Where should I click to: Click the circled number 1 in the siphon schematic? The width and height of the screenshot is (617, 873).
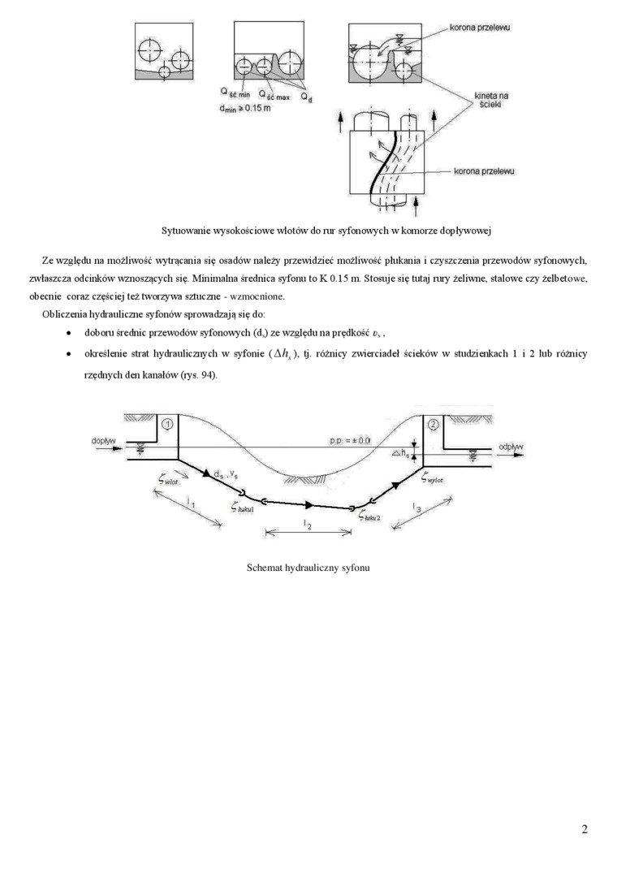pyautogui.click(x=166, y=424)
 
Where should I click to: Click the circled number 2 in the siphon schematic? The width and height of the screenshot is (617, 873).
pyautogui.click(x=433, y=424)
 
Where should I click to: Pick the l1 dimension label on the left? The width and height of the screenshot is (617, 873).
pyautogui.click(x=190, y=505)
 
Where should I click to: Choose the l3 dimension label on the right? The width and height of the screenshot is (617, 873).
pyautogui.click(x=416, y=508)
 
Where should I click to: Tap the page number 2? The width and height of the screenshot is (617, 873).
pyautogui.click(x=585, y=829)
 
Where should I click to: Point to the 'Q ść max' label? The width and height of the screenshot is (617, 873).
pyautogui.click(x=274, y=95)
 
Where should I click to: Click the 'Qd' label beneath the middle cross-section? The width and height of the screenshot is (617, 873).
pyautogui.click(x=305, y=97)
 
